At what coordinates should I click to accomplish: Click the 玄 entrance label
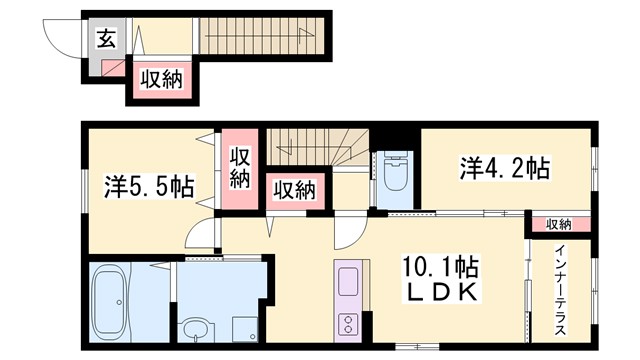[x=105, y=39]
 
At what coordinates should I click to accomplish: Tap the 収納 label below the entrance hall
[x=160, y=80]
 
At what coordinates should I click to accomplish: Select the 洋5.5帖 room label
[x=148, y=186]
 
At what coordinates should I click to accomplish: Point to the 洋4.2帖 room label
[x=504, y=167]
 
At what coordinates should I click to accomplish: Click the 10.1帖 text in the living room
[x=440, y=267]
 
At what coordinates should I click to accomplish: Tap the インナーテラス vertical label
[x=561, y=290]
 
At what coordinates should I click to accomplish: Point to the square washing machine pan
[x=243, y=328]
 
